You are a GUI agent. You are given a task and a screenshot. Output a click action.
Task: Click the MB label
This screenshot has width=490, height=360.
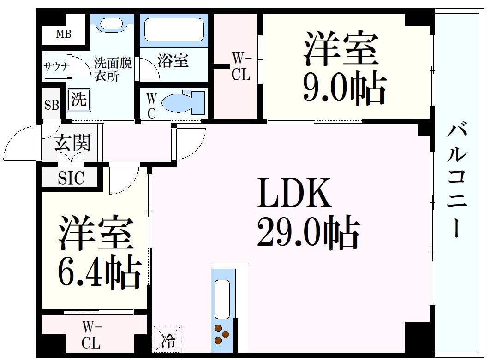[x=64, y=34]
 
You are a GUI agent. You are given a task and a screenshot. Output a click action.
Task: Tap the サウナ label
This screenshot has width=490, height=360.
[x=57, y=66]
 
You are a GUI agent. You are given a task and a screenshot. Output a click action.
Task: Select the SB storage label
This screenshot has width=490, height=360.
[x=52, y=105]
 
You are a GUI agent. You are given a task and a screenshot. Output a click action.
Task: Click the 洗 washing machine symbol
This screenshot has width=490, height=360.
[x=79, y=100]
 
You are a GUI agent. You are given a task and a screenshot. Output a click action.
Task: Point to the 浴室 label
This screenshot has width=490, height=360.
[x=173, y=60]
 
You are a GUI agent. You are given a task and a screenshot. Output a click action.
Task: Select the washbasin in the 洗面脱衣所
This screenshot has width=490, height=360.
[x=112, y=24]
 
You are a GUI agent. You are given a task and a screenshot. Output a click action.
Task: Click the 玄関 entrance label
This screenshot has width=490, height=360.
[x=72, y=143]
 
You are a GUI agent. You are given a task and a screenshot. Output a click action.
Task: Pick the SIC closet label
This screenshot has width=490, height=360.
[x=71, y=178]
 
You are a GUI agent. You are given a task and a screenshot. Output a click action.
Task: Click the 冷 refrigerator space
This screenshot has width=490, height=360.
[x=167, y=339]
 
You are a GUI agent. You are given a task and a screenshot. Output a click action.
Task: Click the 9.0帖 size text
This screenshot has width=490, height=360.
[x=345, y=88]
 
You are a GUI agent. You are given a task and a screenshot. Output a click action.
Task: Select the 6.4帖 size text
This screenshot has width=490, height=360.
[x=100, y=271]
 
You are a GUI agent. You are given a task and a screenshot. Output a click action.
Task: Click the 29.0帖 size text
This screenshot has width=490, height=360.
[x=308, y=232]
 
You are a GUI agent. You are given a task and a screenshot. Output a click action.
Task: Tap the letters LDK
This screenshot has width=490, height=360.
[x=294, y=192]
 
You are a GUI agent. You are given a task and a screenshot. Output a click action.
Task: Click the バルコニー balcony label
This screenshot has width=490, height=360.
[x=457, y=180]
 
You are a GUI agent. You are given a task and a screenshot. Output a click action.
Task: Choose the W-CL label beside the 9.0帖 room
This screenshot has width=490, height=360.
[x=241, y=66]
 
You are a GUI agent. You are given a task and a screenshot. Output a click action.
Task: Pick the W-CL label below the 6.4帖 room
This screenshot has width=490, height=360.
[x=91, y=335]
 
